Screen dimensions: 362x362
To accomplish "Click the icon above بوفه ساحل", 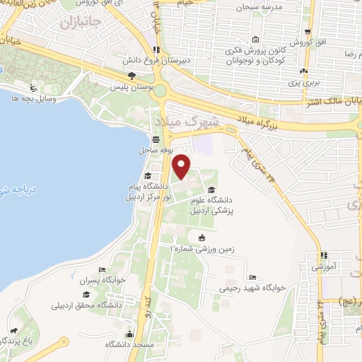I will pos(155,140).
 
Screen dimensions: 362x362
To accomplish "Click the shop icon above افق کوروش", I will pos(309,33).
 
